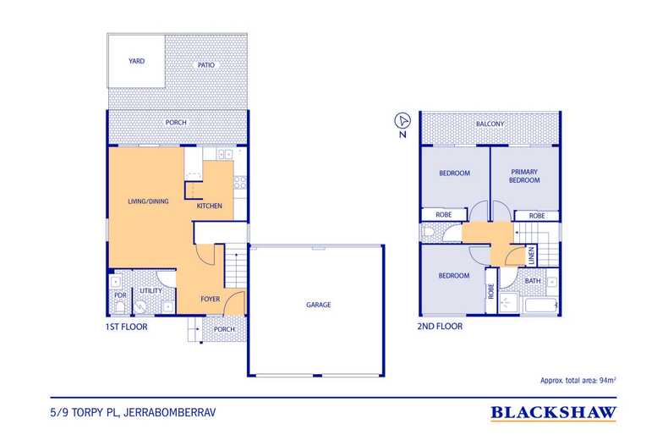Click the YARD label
136,62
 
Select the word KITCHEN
209,206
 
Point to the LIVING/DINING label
147,201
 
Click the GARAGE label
318,305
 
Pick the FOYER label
210,299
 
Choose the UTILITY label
151,290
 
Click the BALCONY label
490,124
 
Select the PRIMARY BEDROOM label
524,175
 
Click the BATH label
533,280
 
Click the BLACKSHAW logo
553,414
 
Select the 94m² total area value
607,381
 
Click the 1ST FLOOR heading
127,326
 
